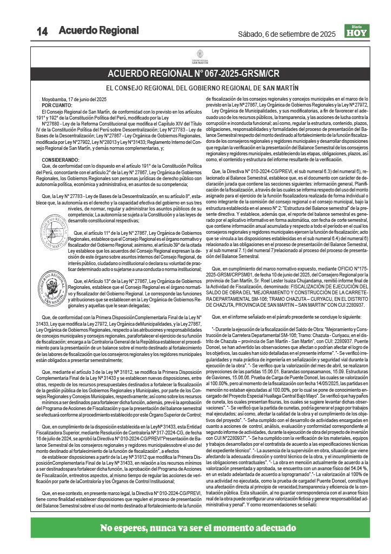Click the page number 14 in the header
click(42, 32)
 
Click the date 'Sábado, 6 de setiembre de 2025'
click(287, 34)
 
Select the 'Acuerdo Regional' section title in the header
click(99, 31)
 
